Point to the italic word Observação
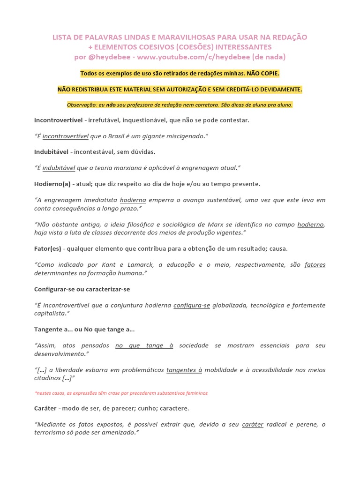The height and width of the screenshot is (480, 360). (x=84, y=105)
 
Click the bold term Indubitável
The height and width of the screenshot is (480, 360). (x=51, y=152)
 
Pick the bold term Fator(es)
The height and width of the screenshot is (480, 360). (x=49, y=248)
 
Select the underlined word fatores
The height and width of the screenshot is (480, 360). (x=315, y=265)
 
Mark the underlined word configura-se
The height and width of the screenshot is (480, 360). (x=191, y=305)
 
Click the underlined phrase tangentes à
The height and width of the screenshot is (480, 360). (x=184, y=370)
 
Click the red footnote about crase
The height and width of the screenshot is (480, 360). (x=121, y=393)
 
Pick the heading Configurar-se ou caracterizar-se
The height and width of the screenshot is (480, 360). (x=78, y=289)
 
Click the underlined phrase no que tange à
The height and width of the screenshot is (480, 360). (x=144, y=345)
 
